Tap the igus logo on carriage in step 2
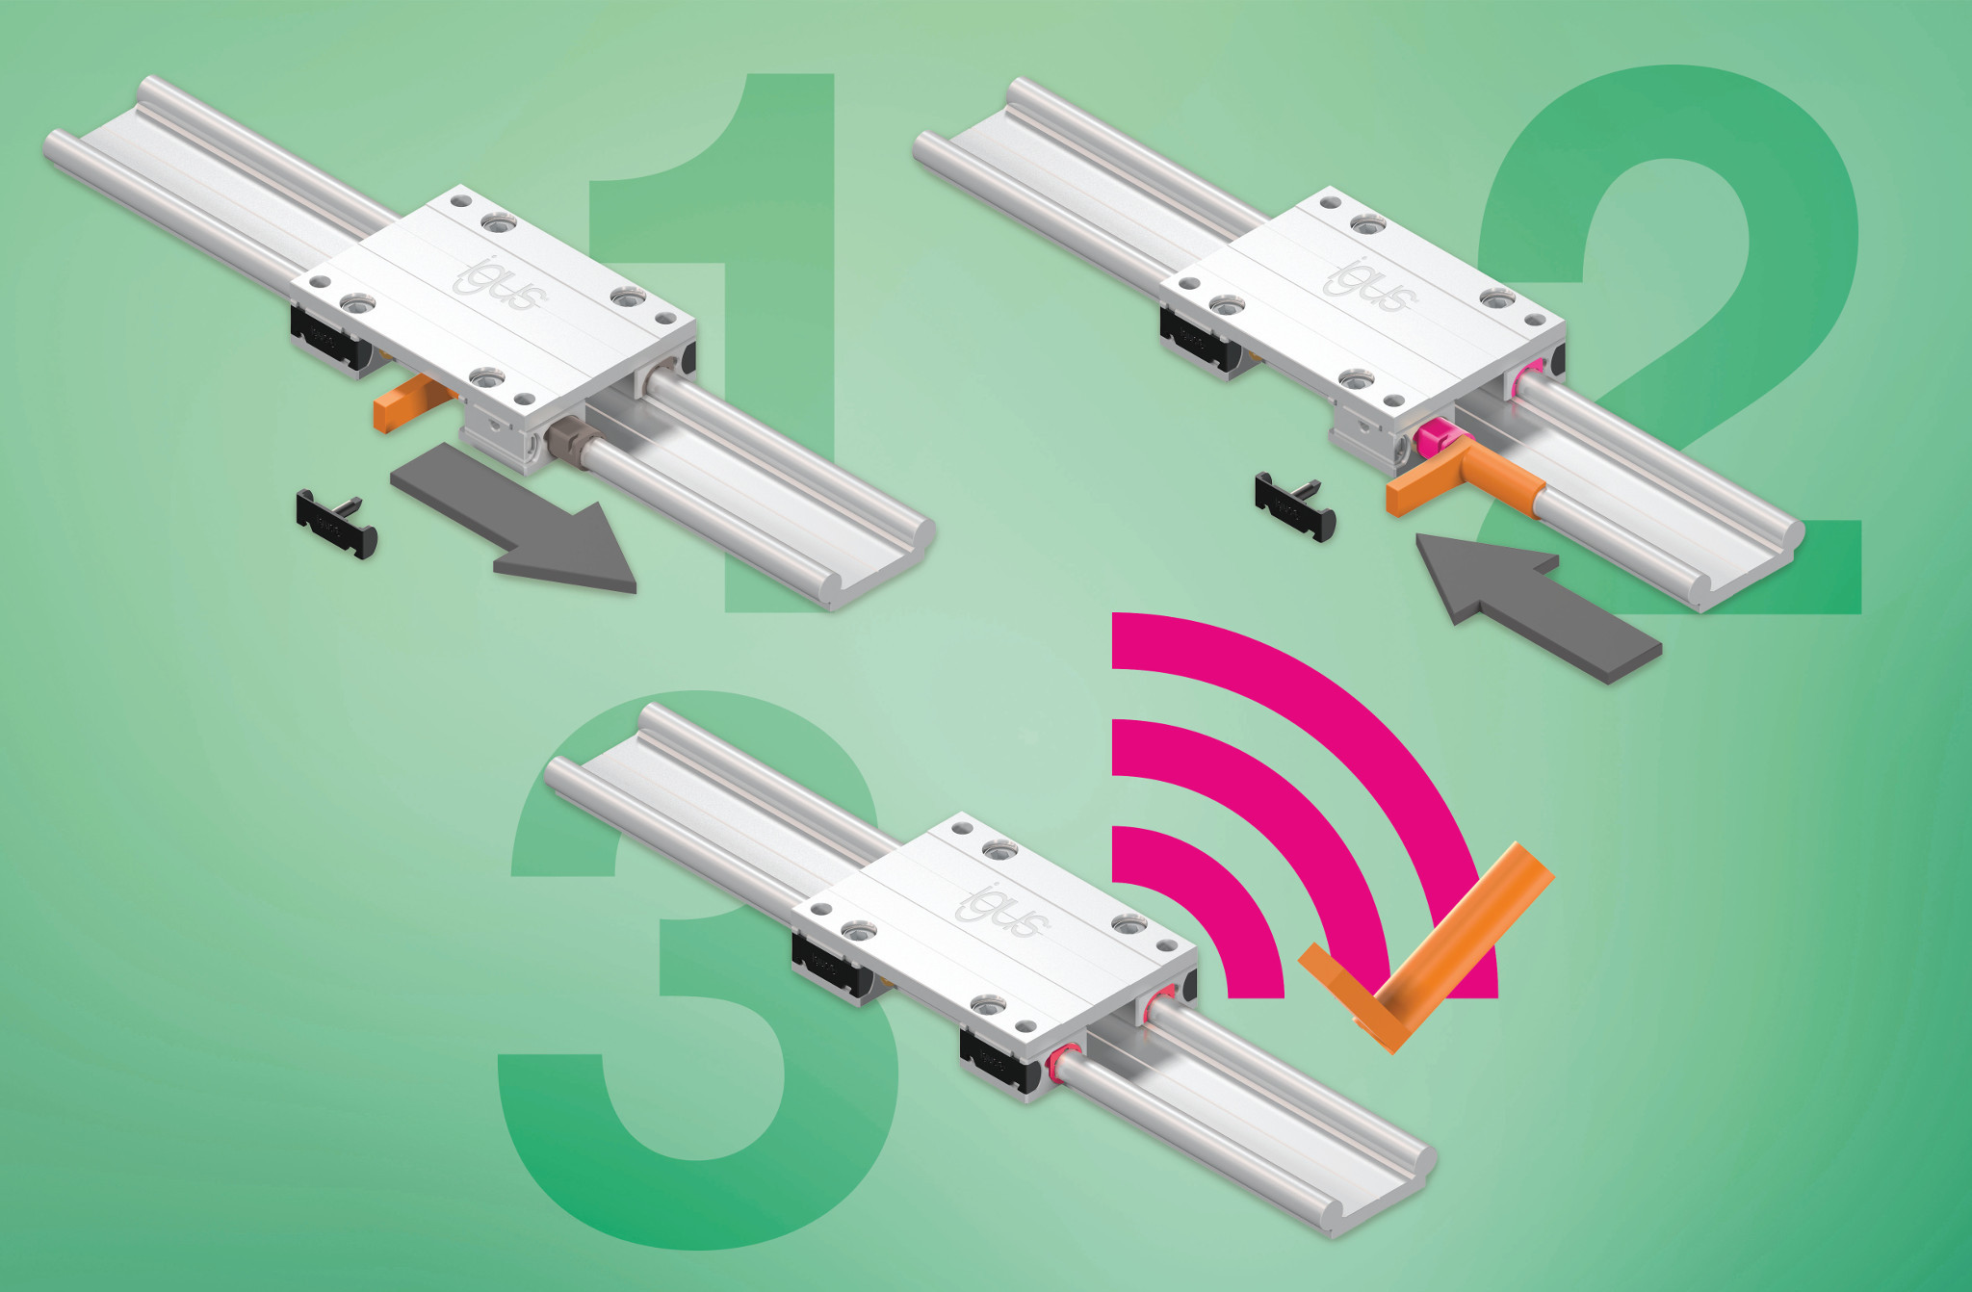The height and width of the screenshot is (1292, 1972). click(1370, 286)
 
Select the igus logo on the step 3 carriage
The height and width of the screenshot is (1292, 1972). click(1002, 910)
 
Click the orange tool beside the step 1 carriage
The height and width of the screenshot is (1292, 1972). click(409, 404)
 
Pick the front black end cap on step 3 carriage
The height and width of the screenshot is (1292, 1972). click(1001, 1060)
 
